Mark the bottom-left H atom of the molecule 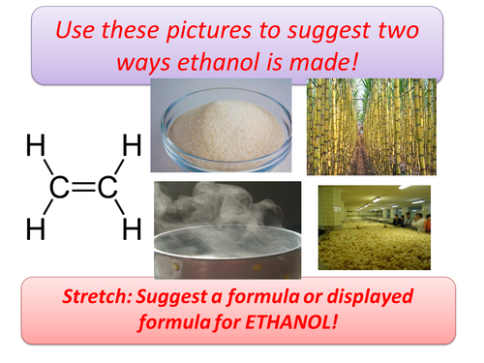click(x=35, y=228)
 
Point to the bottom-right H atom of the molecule click(x=132, y=228)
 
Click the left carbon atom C click(x=60, y=188)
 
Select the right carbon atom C click(x=106, y=188)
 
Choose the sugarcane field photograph click(x=363, y=127)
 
